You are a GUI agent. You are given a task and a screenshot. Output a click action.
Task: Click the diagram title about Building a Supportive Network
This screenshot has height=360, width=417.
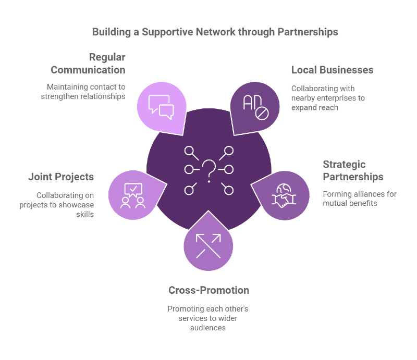click(x=215, y=32)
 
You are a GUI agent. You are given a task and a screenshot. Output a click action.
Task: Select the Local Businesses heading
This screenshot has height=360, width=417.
click(x=332, y=70)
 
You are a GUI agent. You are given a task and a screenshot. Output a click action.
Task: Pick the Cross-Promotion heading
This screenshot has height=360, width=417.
click(x=208, y=290)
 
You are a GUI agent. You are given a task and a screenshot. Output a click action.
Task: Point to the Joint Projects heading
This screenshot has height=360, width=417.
click(x=61, y=177)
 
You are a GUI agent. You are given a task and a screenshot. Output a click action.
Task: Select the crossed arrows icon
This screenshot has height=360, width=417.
click(x=208, y=245)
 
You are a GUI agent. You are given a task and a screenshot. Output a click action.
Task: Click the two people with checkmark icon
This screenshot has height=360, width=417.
click(x=132, y=195)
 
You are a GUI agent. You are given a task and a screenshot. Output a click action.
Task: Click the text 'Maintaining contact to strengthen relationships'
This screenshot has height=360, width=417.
click(x=85, y=92)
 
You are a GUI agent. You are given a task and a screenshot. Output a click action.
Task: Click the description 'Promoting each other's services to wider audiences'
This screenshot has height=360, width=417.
click(x=208, y=318)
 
